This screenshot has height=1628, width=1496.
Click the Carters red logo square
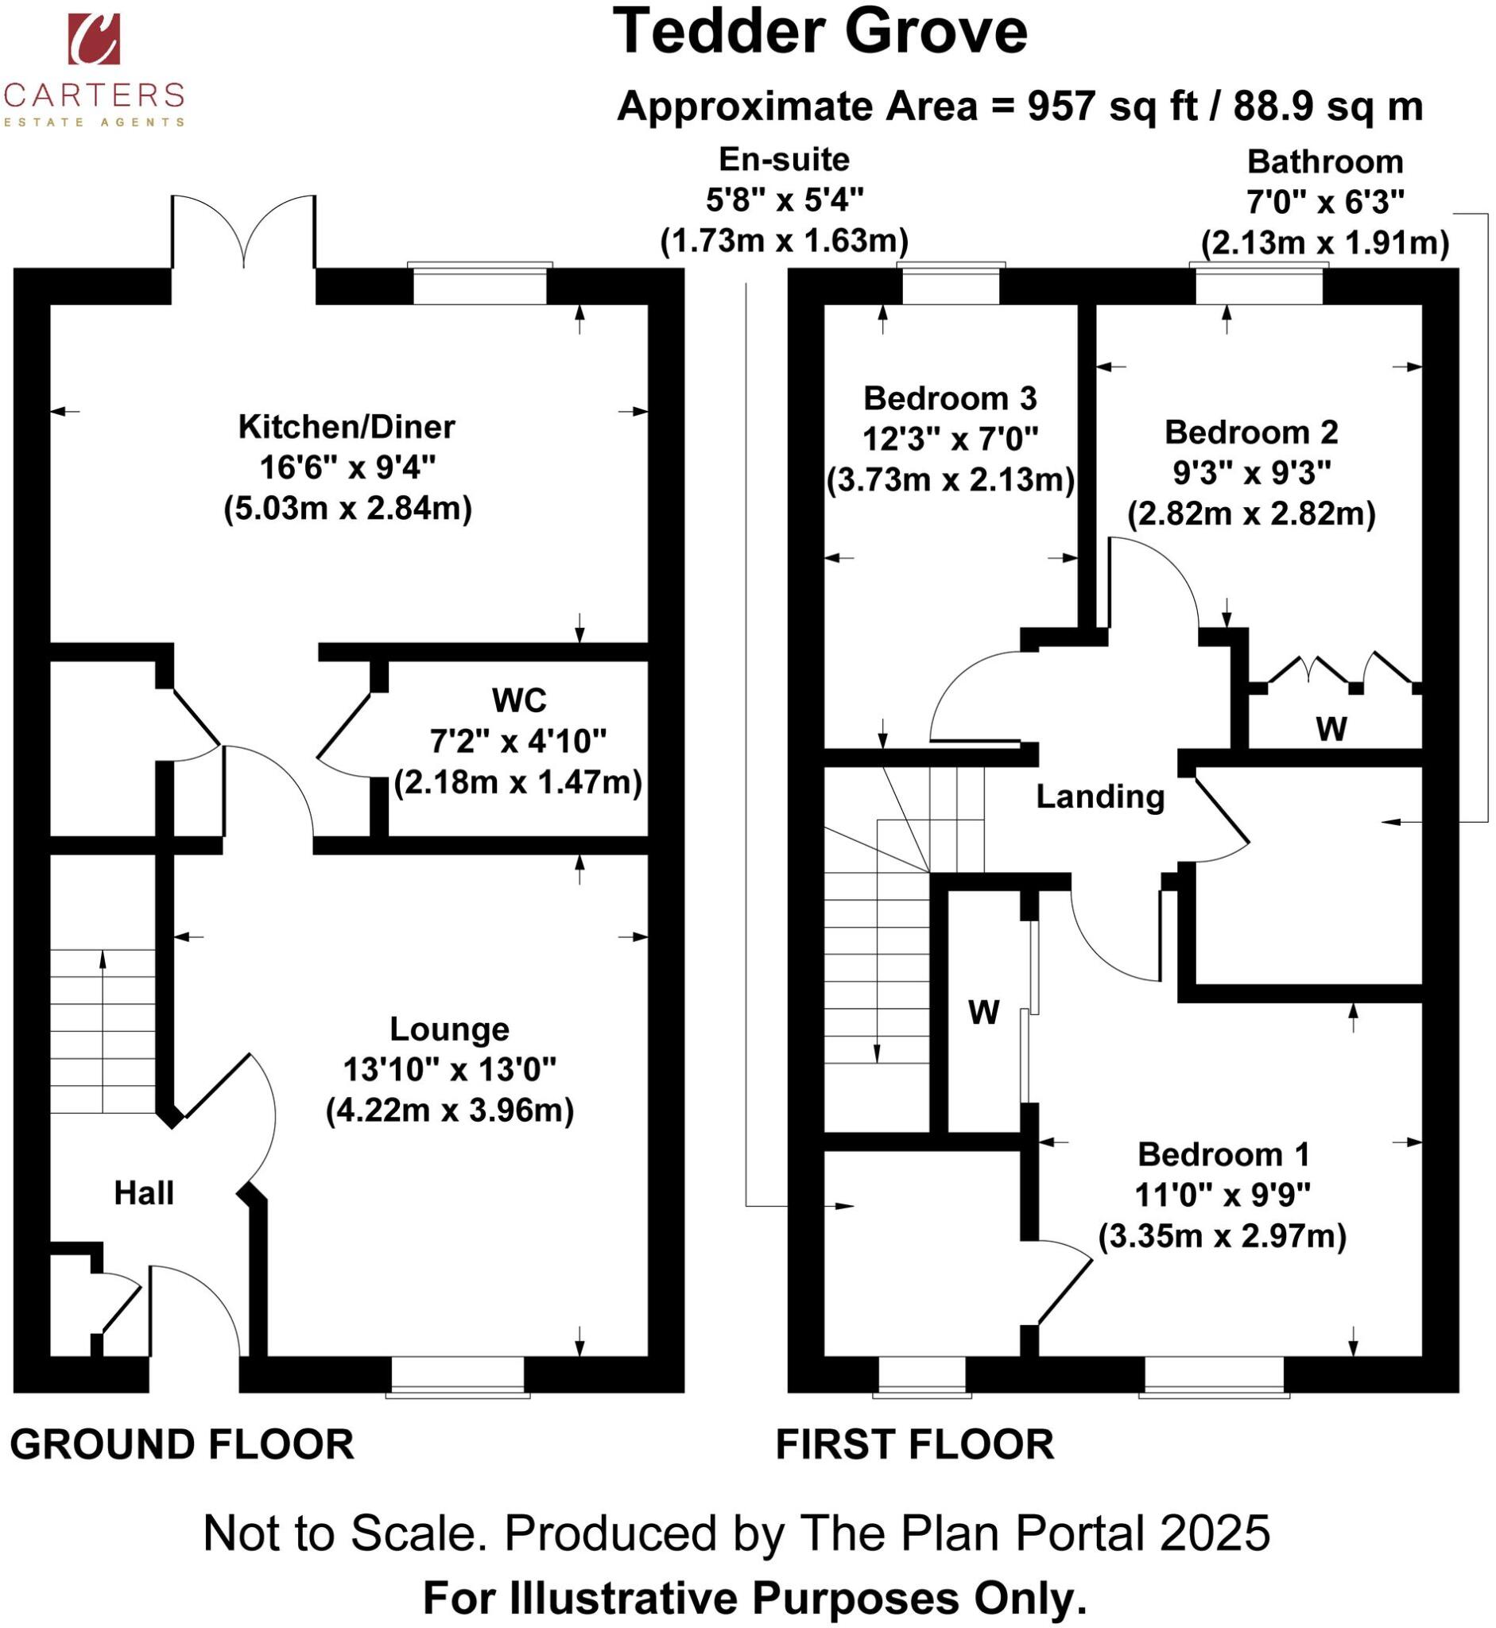click(94, 39)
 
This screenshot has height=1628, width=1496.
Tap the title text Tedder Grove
click(820, 33)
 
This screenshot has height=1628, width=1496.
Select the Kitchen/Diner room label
click(347, 428)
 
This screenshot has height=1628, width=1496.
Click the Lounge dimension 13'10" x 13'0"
click(449, 1069)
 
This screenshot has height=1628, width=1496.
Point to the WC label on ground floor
click(519, 700)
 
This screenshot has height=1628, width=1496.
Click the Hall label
click(143, 1193)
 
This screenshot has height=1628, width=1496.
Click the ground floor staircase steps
click(103, 1031)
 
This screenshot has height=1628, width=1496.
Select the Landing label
click(1100, 797)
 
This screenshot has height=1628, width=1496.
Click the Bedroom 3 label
click(950, 398)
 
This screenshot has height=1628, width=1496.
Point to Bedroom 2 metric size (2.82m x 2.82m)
click(1250, 514)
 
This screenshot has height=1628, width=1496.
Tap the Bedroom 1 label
click(1223, 1154)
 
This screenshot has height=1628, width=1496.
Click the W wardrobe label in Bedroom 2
click(1331, 730)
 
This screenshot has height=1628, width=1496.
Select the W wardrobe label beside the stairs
click(983, 1013)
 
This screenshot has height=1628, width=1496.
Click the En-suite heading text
click(784, 160)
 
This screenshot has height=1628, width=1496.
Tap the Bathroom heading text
click(1324, 162)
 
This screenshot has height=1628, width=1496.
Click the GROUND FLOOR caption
click(182, 1444)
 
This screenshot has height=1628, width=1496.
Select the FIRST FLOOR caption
click(915, 1444)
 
